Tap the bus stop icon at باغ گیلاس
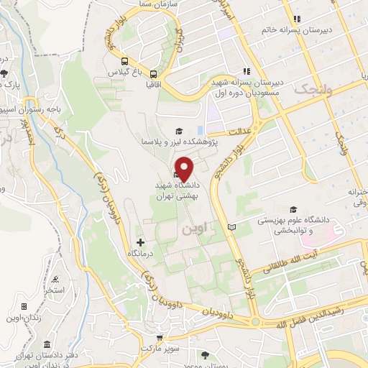[125, 62]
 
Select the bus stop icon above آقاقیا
[154, 73]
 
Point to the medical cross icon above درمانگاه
[140, 242]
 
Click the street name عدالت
[236, 132]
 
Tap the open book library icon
[231, 227]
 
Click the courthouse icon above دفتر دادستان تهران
[47, 344]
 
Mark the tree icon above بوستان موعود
[206, 355]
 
